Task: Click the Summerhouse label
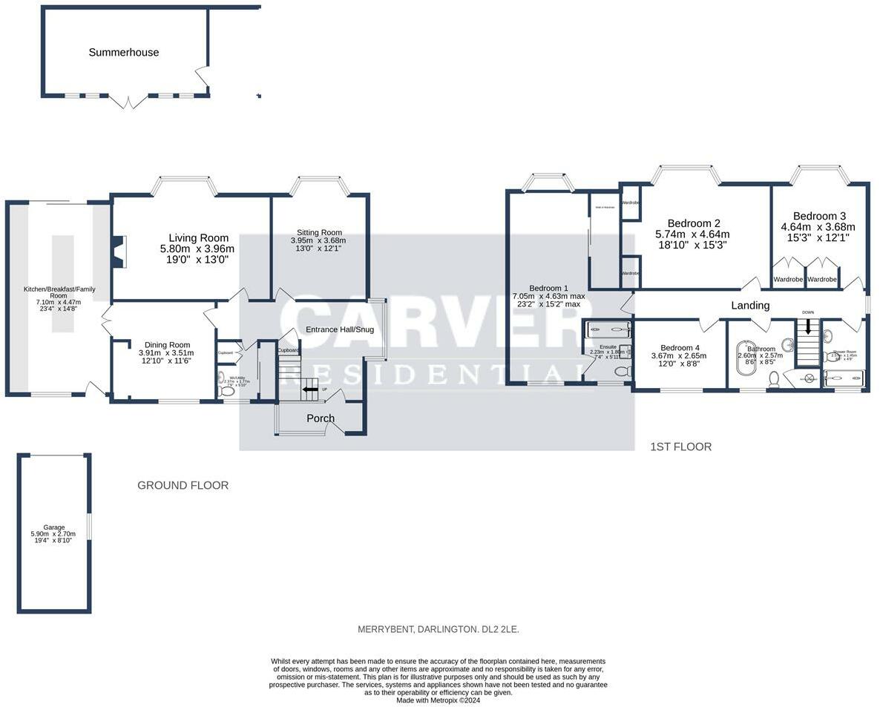coord(123,53)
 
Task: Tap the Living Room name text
coord(197,238)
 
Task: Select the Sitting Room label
coord(319,231)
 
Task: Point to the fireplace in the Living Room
coord(119,251)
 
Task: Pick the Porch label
coord(321,418)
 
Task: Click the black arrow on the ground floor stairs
coord(306,389)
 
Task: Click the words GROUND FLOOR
coord(183,485)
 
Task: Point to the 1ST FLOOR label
coord(680,447)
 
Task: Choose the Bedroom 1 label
coord(548,288)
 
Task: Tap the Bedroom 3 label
coord(818,216)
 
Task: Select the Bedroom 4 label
coord(680,347)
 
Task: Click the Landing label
coord(750,305)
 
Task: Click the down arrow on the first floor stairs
coord(807,327)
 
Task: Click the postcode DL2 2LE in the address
coord(500,629)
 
